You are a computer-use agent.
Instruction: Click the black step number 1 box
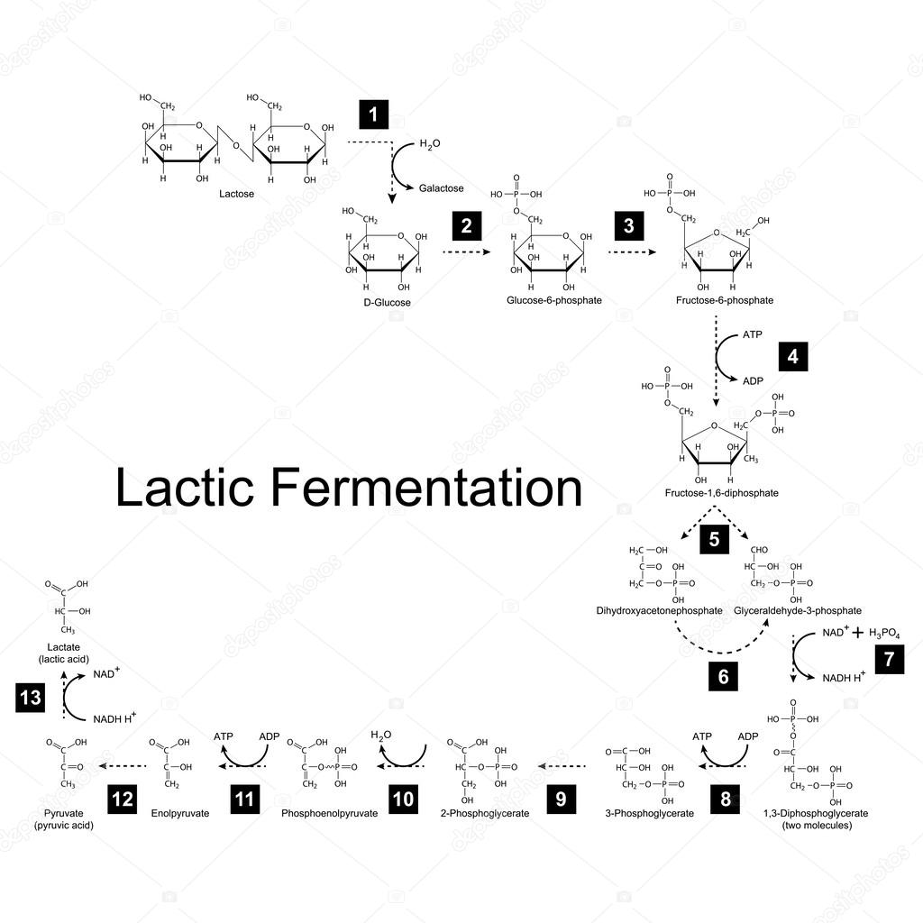pyautogui.click(x=373, y=115)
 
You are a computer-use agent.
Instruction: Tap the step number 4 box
pyautogui.click(x=792, y=356)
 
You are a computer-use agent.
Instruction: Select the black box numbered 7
pyautogui.click(x=889, y=659)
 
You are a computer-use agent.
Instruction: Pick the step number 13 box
pyautogui.click(x=31, y=699)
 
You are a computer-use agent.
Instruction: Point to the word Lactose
pyautogui.click(x=236, y=194)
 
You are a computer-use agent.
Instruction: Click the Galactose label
pyautogui.click(x=441, y=188)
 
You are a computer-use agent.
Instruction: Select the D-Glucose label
pyautogui.click(x=387, y=303)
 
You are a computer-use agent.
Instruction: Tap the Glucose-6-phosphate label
pyautogui.click(x=554, y=300)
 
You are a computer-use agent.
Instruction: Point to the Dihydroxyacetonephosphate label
pyautogui.click(x=659, y=610)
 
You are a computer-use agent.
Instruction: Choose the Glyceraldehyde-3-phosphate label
pyautogui.click(x=797, y=610)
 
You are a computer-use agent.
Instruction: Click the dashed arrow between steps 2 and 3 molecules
pyautogui.click(x=467, y=253)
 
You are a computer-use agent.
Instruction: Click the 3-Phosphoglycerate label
pyautogui.click(x=649, y=813)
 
